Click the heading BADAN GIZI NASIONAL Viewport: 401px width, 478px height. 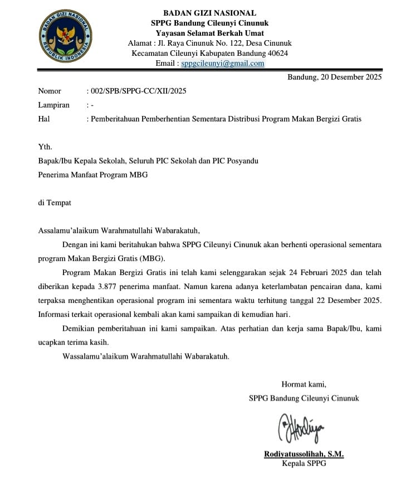(209, 13)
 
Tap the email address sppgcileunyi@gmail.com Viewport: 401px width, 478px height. (223, 64)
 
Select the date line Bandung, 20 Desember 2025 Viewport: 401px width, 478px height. (334, 78)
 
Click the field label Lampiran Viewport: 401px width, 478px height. (53, 105)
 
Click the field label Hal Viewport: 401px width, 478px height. (44, 119)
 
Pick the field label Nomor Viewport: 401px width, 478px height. (50, 91)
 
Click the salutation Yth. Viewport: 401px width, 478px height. (45, 147)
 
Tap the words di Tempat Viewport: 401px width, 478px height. (55, 203)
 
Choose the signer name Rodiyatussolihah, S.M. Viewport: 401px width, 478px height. (304, 455)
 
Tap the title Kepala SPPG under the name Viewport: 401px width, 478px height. (304, 464)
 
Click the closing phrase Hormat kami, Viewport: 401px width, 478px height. (304, 384)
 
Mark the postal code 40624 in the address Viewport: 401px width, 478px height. (276, 54)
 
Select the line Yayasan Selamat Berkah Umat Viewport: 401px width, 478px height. (209, 33)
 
